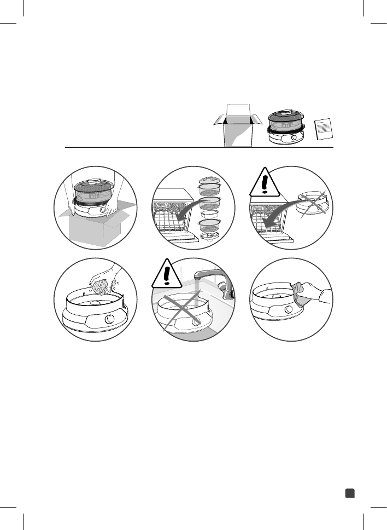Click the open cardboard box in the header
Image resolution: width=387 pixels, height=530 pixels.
[237, 127]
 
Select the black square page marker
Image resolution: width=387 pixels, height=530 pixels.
[350, 493]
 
